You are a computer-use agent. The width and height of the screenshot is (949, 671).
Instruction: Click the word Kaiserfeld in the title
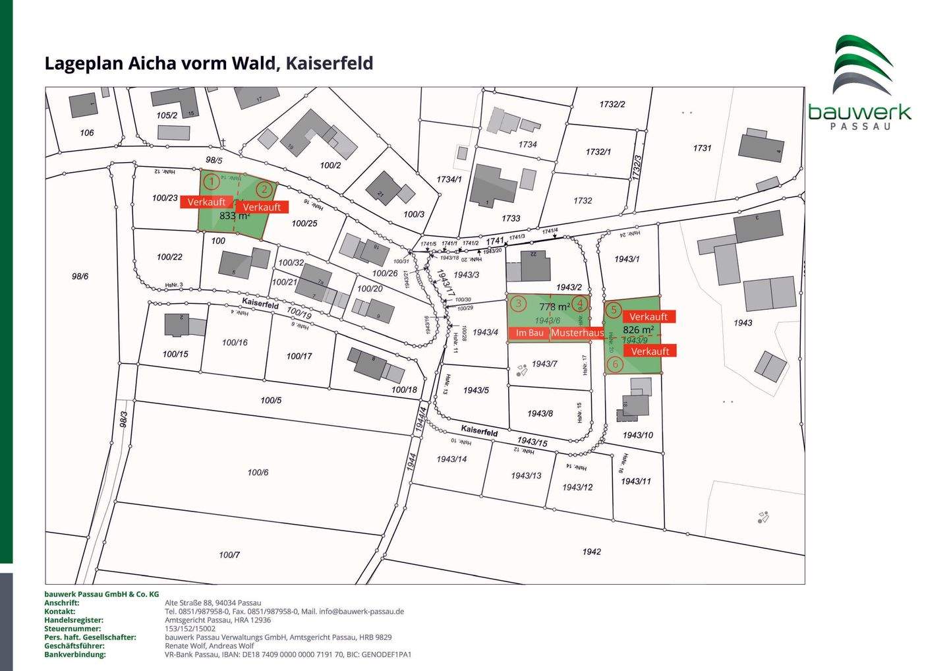[330, 63]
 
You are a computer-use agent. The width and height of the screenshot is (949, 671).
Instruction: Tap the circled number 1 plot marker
[211, 181]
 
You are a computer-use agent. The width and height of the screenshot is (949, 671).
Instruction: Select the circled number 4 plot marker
[579, 304]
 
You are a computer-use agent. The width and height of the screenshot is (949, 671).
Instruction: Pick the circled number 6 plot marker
[614, 364]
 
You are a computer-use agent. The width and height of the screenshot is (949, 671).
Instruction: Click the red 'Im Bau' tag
[529, 333]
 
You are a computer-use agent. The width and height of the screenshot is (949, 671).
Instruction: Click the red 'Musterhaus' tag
[577, 333]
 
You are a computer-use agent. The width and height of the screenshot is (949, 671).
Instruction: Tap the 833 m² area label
[234, 216]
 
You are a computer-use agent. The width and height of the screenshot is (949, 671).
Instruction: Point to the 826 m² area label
[638, 330]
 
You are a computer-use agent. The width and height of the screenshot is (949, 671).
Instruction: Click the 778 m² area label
[554, 306]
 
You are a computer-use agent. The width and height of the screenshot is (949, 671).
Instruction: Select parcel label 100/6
[258, 472]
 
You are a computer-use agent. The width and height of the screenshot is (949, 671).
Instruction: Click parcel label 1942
[591, 551]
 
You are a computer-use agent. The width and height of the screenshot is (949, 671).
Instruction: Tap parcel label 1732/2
[612, 104]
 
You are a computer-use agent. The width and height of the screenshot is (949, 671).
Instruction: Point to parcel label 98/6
[80, 276]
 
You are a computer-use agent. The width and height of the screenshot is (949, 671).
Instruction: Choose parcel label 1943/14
[451, 459]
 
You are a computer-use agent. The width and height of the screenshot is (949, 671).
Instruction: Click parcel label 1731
[702, 148]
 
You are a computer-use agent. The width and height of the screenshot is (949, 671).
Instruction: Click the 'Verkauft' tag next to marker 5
[648, 317]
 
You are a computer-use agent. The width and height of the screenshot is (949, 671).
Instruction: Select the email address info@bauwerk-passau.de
[361, 612]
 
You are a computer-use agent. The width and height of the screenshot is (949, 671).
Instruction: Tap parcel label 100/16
[235, 342]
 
